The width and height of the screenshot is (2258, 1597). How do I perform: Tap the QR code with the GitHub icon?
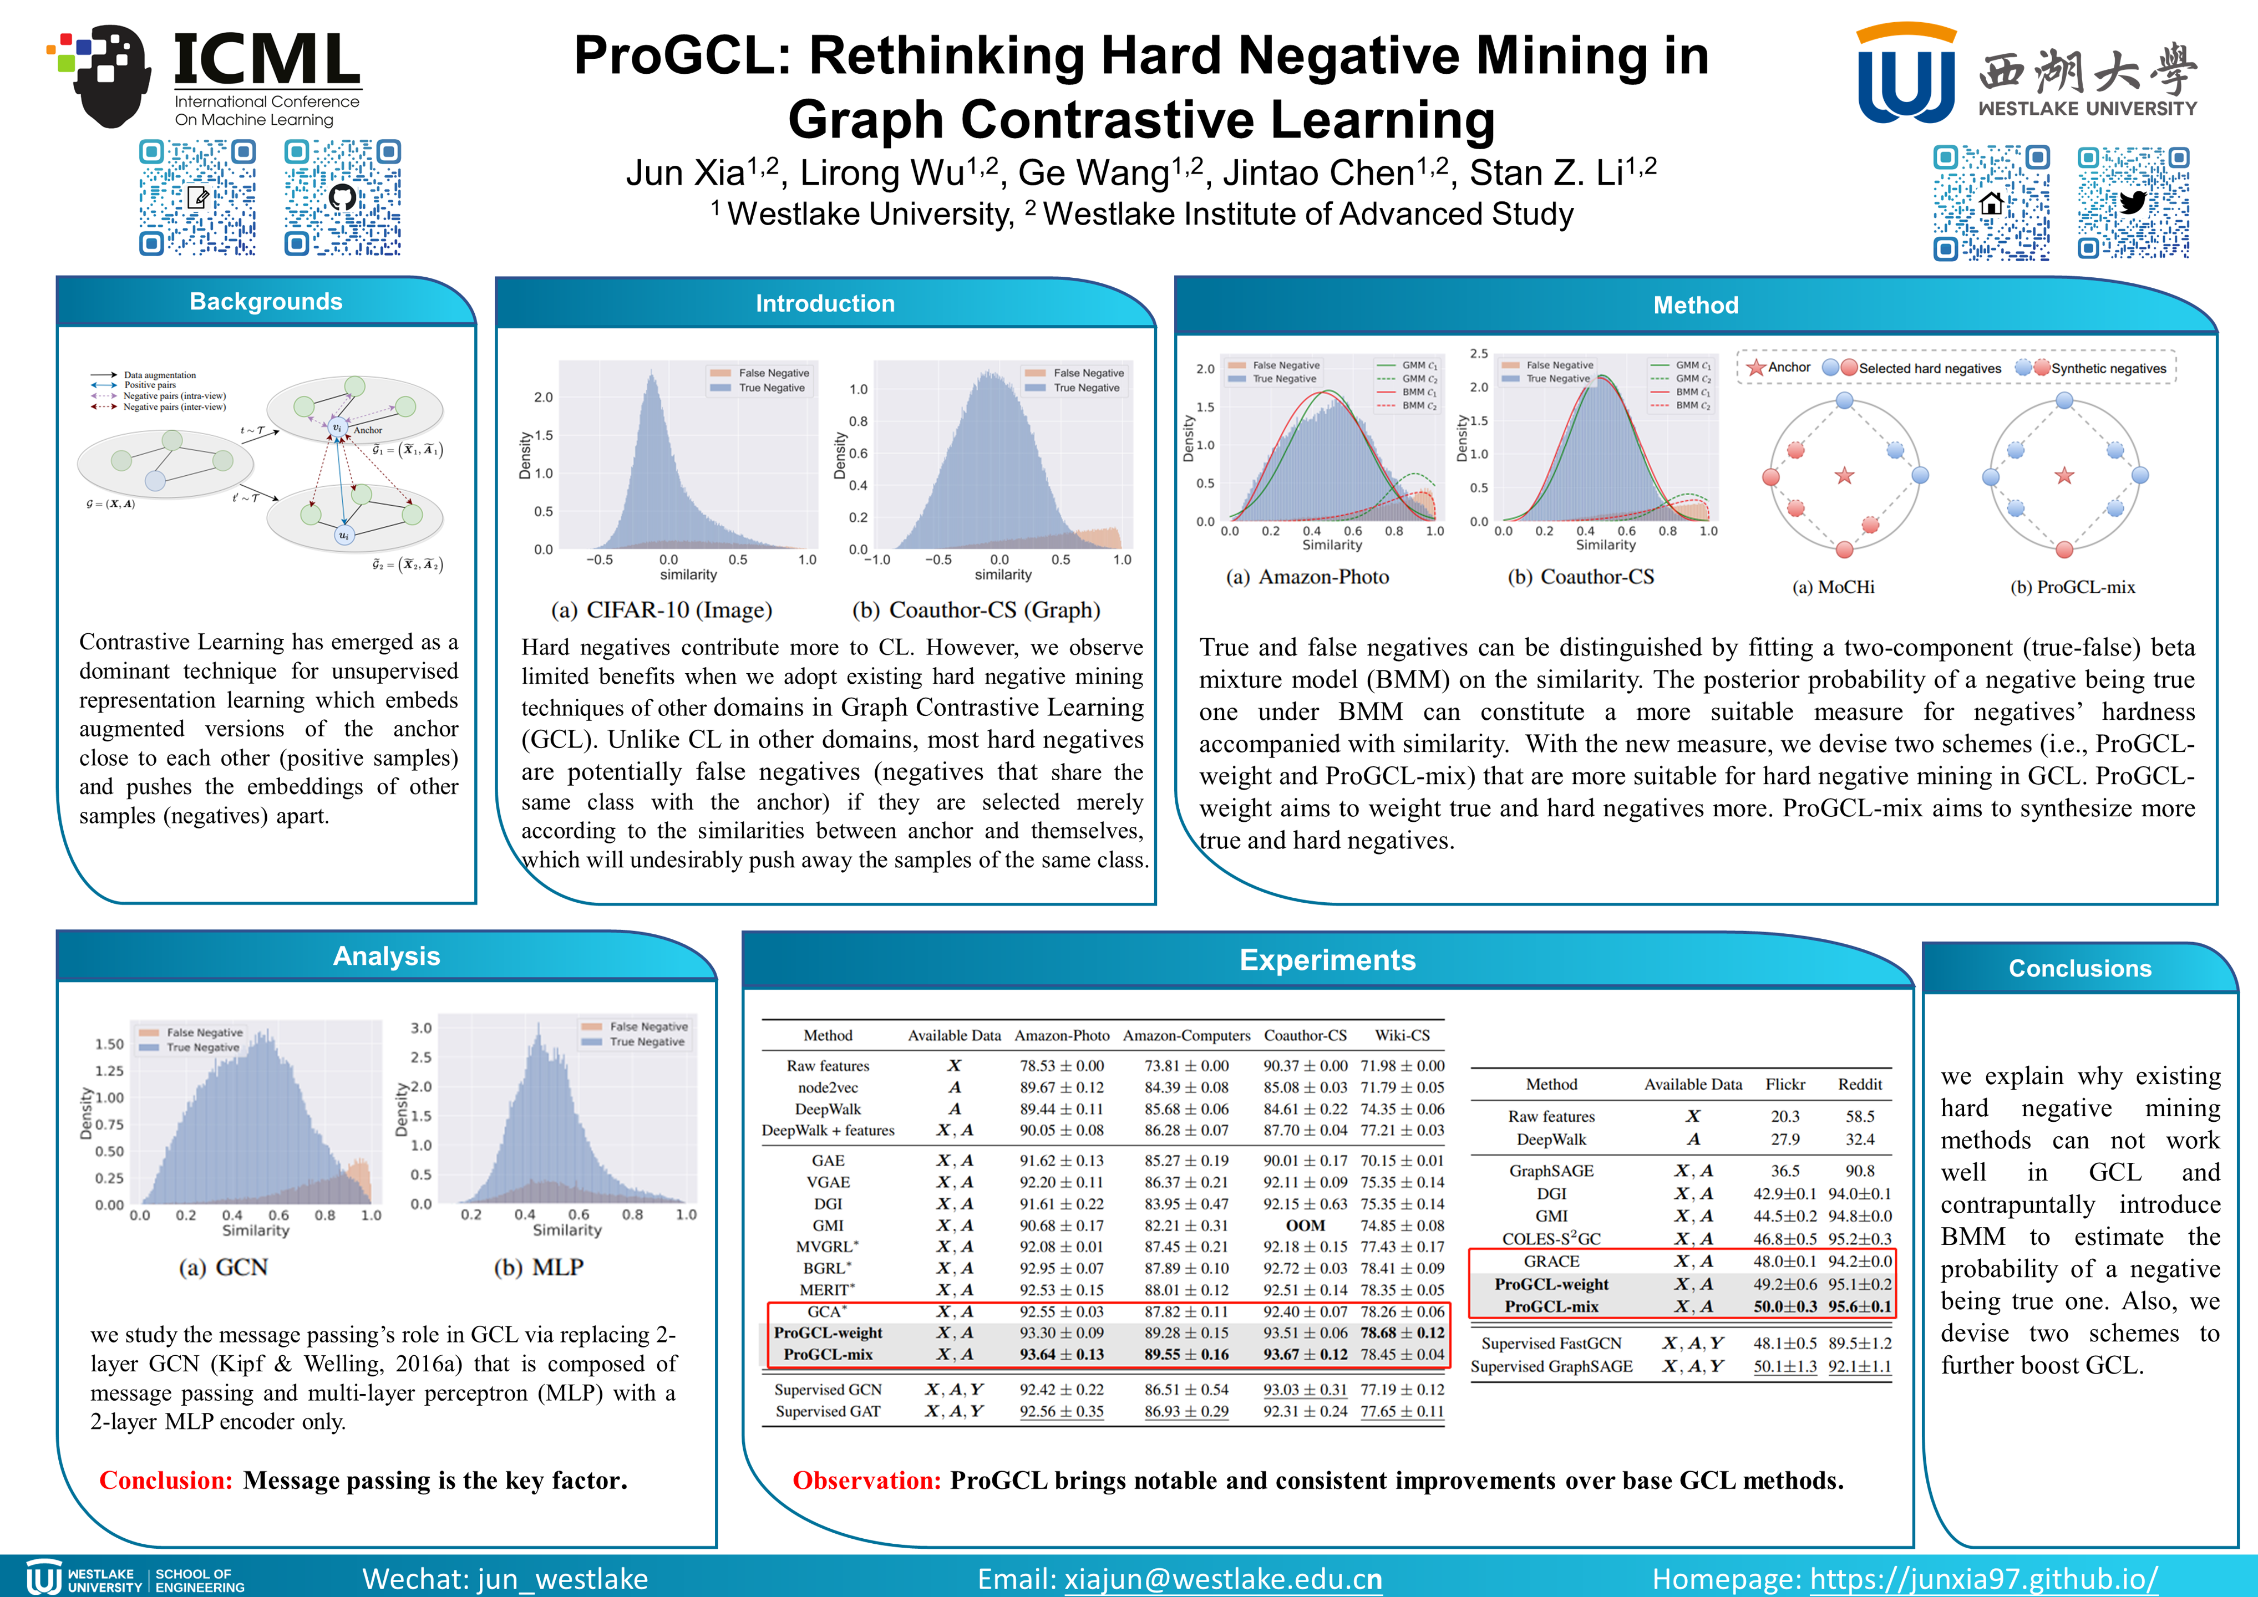point(342,197)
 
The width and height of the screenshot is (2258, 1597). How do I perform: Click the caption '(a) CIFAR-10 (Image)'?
point(661,611)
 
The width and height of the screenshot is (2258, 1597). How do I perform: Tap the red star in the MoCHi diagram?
point(1844,476)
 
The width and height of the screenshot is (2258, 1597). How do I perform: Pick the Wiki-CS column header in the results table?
point(1402,1035)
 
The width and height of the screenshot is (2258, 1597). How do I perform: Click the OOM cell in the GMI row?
point(1305,1225)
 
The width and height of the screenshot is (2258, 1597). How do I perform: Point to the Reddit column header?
point(1860,1085)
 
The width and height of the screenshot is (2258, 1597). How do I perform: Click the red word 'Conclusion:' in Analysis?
point(165,1481)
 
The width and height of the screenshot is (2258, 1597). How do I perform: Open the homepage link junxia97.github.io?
point(1983,1579)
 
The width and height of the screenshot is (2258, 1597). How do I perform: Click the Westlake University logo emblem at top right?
point(1905,74)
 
